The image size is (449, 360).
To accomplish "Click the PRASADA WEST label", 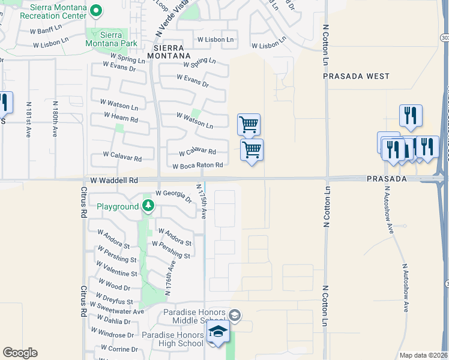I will point(356,76).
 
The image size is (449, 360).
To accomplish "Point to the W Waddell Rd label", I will point(114,180).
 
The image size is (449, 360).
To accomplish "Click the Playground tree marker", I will point(148,207).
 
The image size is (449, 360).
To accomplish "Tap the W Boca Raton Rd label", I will point(197,166).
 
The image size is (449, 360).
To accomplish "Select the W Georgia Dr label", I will point(173,196).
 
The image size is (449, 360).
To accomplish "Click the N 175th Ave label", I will point(201,202).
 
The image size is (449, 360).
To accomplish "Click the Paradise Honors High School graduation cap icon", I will point(218,332).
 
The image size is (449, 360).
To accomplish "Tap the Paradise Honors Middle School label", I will point(195,317).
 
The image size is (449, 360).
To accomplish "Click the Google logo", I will point(20,353).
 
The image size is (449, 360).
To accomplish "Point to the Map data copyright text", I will point(423,355).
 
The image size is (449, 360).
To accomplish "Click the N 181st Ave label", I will point(28,119).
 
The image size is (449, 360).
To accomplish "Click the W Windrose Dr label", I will point(112,334).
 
